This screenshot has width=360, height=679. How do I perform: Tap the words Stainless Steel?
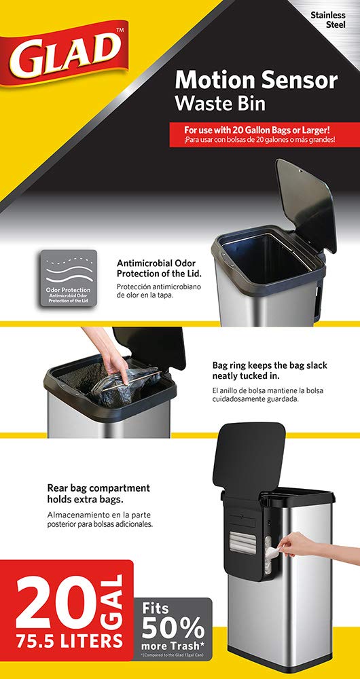pos(327,20)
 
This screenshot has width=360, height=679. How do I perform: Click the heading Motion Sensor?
pos(256,81)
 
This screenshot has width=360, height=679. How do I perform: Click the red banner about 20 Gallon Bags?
pos(264,134)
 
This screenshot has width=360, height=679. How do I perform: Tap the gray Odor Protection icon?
pos(69,278)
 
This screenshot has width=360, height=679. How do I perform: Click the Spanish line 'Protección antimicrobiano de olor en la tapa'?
pos(158,291)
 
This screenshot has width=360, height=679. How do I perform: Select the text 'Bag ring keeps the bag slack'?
pos(270,365)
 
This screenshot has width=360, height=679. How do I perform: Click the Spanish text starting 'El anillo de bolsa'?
pos(268,394)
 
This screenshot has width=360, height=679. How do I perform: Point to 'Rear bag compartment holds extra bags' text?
pos(98,493)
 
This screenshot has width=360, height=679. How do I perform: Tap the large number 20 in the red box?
pos(56,606)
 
